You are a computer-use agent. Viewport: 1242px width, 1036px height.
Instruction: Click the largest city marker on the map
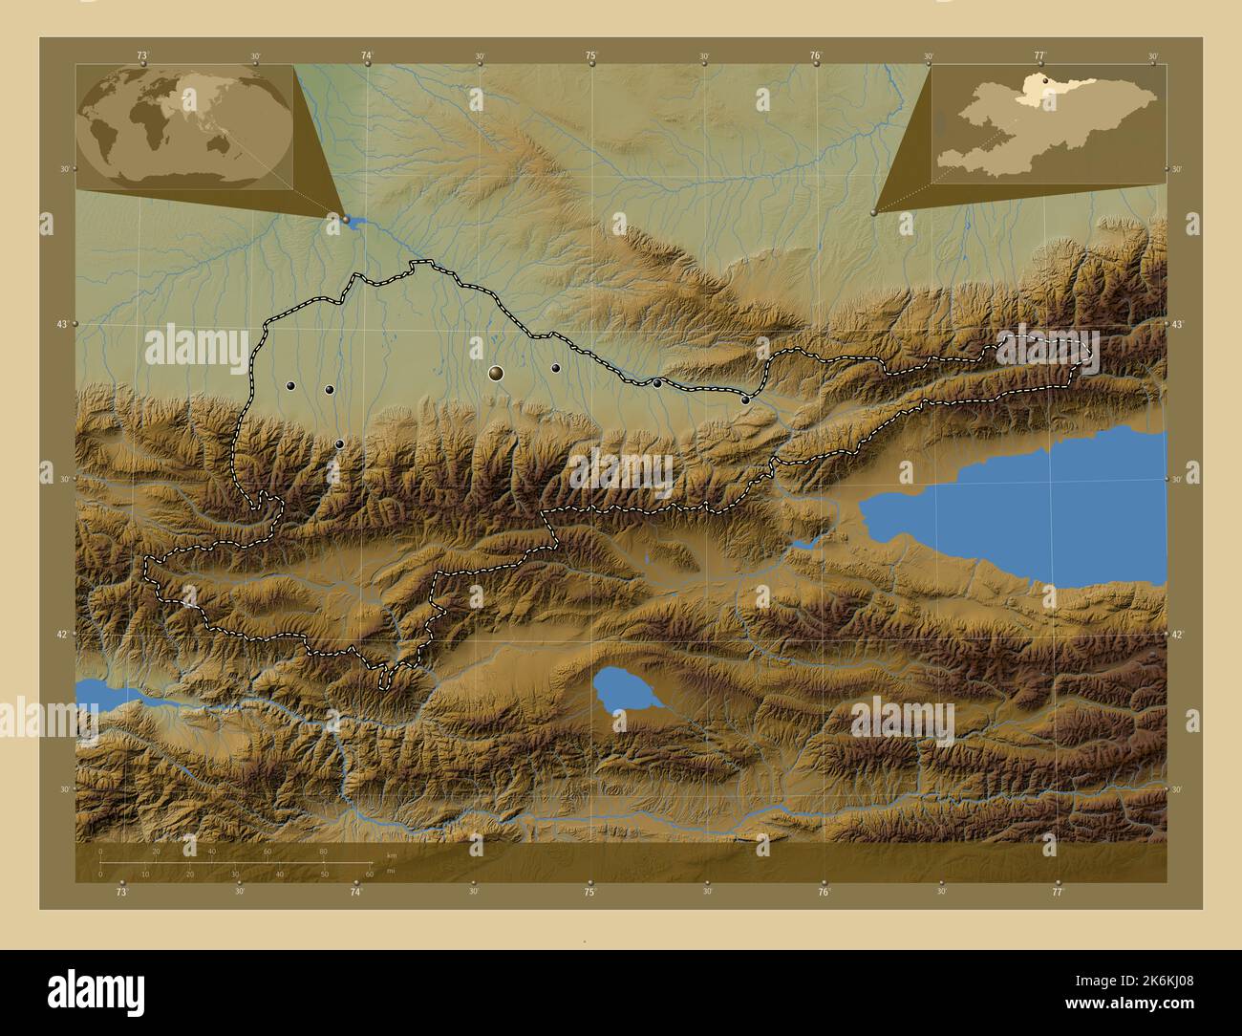pos(495,373)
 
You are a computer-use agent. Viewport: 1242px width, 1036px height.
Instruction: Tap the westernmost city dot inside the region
pos(290,386)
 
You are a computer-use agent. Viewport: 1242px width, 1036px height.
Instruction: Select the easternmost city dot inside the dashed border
pos(745,400)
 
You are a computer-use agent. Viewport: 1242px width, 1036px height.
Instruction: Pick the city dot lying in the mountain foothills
pos(339,443)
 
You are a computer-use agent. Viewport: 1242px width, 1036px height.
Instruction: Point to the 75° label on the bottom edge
pos(590,892)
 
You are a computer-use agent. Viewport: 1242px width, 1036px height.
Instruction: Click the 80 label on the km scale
pos(323,851)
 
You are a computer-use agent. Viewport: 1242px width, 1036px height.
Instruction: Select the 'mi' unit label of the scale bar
pos(391,872)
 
